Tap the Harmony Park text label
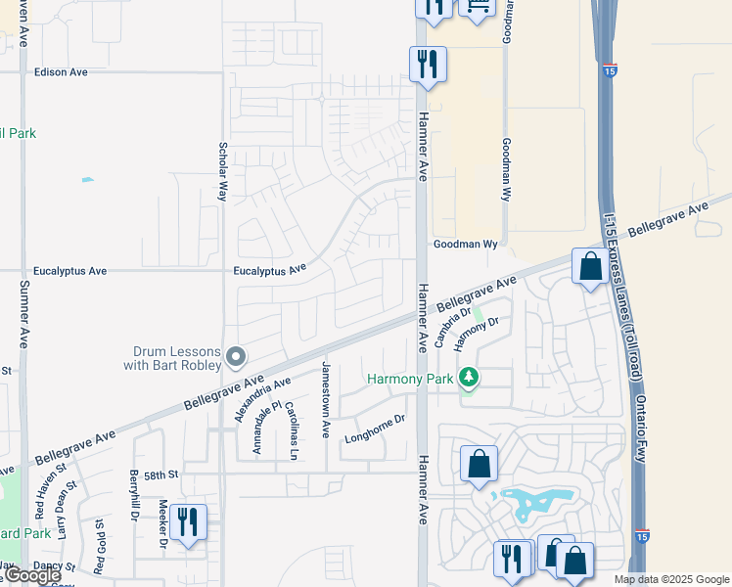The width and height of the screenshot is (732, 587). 410,379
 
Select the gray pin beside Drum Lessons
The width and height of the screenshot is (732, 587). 235,356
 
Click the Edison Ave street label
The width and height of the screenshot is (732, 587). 61,72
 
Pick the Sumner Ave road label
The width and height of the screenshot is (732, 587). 23,314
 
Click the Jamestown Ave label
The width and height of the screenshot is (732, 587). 327,399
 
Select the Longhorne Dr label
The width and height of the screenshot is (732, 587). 374,431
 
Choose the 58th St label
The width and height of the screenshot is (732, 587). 160,474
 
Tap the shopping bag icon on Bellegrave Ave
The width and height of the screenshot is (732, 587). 590,267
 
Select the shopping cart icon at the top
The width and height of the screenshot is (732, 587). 478,6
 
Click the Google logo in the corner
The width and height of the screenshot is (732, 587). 31,576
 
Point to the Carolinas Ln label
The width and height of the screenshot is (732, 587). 293,429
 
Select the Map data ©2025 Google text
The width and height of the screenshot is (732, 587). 670,579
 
